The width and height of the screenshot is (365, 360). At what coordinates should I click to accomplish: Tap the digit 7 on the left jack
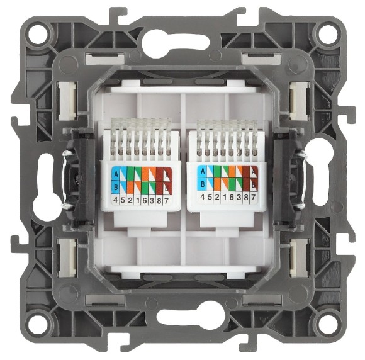coord(169,200)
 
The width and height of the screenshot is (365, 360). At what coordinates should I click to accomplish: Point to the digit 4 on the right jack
coord(202,196)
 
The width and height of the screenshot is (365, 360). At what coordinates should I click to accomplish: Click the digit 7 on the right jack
coord(253,196)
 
